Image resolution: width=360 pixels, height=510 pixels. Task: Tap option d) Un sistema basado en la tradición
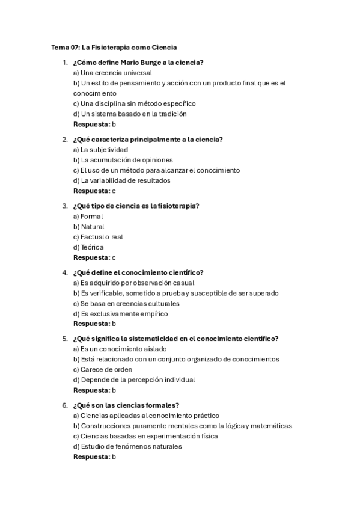[130, 114]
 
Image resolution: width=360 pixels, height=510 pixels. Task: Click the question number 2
[65, 140]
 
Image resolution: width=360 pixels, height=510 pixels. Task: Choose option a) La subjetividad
[100, 150]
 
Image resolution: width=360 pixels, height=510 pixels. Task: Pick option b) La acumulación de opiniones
[123, 160]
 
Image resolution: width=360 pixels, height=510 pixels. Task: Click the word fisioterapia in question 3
[178, 206]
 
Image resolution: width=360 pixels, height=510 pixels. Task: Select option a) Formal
[88, 216]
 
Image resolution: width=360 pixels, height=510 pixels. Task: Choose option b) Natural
[88, 227]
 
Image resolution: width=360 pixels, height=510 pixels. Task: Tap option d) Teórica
[88, 247]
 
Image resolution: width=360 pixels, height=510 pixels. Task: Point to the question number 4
[65, 272]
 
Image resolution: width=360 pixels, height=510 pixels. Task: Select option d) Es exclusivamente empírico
[120, 313]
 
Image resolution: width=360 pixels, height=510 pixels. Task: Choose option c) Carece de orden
[103, 369]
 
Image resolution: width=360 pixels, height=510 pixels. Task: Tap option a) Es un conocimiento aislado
[120, 349]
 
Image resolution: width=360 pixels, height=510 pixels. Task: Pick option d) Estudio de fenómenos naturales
[127, 446]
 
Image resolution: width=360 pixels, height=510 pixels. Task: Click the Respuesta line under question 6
[94, 456]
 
